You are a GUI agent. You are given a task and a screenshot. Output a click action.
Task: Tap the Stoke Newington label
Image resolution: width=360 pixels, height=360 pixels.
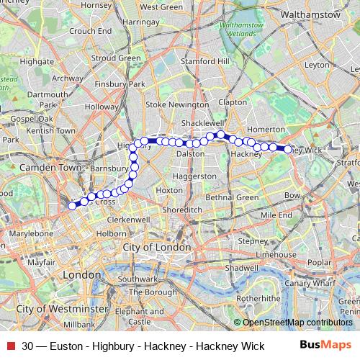point(177,104)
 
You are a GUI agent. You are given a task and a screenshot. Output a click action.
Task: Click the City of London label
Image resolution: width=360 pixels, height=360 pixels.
point(157,247)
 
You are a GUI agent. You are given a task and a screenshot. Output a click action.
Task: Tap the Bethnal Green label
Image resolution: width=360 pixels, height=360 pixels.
point(232,197)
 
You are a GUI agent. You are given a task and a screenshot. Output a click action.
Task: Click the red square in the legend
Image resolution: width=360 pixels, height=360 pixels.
point(11,346)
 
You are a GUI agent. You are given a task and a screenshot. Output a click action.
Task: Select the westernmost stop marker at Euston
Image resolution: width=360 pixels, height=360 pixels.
point(72,206)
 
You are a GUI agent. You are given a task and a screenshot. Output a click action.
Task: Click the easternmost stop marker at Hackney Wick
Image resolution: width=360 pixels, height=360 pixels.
point(287,150)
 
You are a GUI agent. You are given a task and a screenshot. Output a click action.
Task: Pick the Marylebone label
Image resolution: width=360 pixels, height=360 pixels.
point(30,233)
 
